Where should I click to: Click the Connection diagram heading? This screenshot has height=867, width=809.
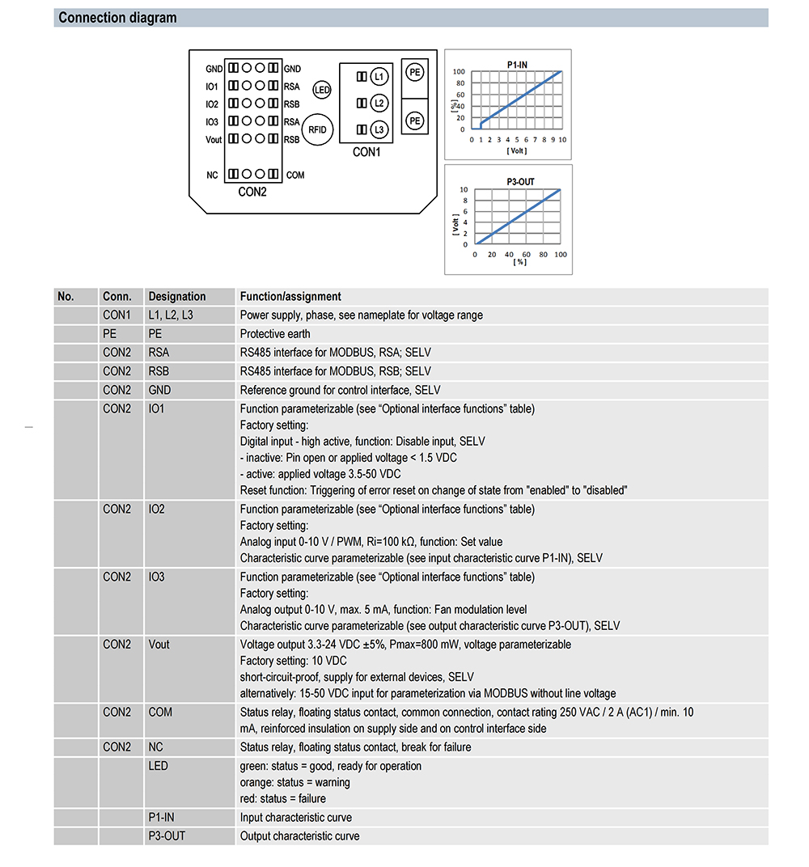117,18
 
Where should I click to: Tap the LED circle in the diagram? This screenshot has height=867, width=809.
322,90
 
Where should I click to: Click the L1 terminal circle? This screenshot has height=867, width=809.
379,76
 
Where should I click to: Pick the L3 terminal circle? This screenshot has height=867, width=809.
379,129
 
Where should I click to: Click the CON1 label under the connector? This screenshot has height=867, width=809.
366,152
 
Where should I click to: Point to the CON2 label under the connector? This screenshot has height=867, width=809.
252,192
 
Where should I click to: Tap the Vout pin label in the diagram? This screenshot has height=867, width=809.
213,139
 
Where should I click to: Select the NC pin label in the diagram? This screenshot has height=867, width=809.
212,175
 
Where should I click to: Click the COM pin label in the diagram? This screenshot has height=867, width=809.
295,175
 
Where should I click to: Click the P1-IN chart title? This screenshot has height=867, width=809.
518,62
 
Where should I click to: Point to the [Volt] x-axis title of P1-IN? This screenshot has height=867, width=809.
517,150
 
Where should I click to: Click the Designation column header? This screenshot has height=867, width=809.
177,296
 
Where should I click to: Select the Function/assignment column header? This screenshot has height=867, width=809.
290,296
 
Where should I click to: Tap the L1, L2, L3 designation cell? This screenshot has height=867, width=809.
171,315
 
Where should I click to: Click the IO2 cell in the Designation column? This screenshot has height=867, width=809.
156,509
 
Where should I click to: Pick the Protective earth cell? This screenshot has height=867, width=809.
275,333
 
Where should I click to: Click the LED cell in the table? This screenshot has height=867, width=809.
159,765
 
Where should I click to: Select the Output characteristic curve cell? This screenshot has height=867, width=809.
299,835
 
